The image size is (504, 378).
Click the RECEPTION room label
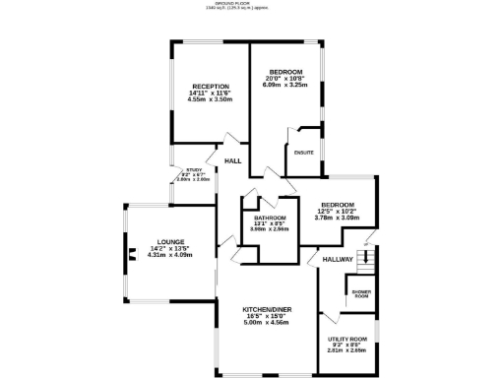tap(210, 87)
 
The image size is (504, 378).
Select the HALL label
tap(233, 160)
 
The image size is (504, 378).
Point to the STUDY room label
tap(194, 169)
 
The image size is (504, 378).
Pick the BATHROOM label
tap(270, 217)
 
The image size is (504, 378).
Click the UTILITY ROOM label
tap(346, 339)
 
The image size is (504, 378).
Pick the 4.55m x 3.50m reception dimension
tap(210, 99)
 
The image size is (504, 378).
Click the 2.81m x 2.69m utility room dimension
tap(346, 350)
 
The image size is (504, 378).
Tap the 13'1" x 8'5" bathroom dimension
tap(270, 222)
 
